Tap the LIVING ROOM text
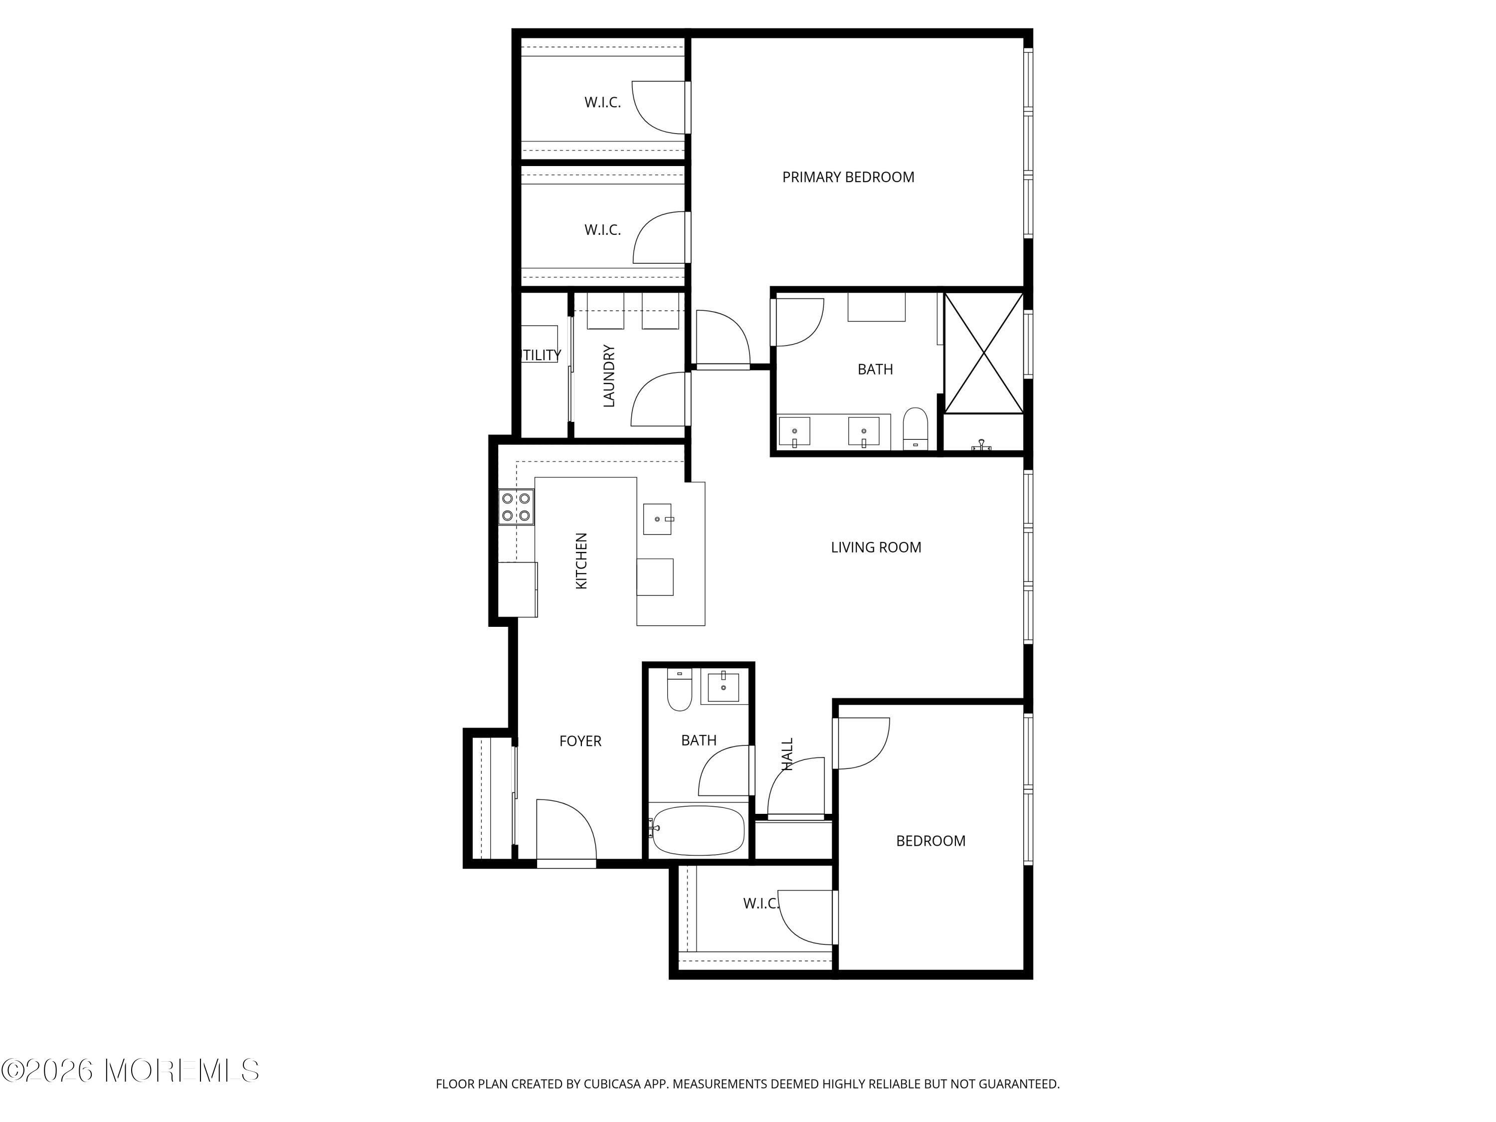pyautogui.click(x=875, y=547)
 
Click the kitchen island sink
pyautogui.click(x=657, y=519)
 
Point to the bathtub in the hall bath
pyautogui.click(x=697, y=830)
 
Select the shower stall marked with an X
pyautogui.click(x=983, y=353)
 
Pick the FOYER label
pyautogui.click(x=579, y=741)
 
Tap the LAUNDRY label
pyautogui.click(x=609, y=376)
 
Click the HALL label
pyautogui.click(x=787, y=753)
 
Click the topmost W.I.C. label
pyautogui.click(x=602, y=103)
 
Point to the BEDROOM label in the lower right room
pyautogui.click(x=930, y=841)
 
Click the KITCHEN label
pyautogui.click(x=581, y=561)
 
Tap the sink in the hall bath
pyautogui.click(x=723, y=687)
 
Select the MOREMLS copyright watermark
pyautogui.click(x=130, y=1071)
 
